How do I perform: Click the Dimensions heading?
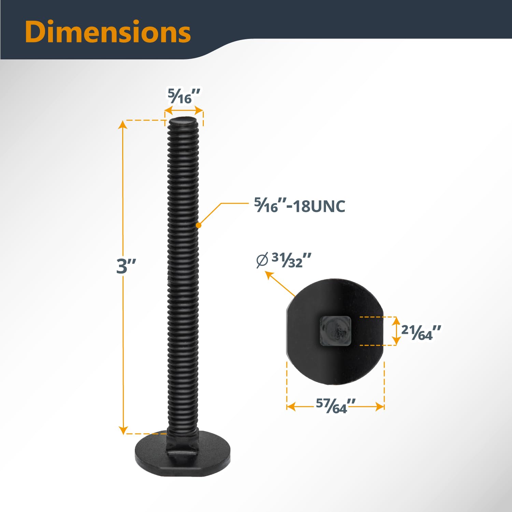(x=108, y=32)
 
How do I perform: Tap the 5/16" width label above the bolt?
(x=184, y=96)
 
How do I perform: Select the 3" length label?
(x=126, y=266)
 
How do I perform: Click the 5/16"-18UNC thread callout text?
(x=300, y=206)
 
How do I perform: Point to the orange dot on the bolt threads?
(x=199, y=225)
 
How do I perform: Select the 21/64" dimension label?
(x=421, y=332)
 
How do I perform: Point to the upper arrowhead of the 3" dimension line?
(x=123, y=124)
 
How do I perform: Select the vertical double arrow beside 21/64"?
(x=396, y=331)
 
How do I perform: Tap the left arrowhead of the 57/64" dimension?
(x=290, y=407)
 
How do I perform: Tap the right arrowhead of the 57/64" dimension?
(x=381, y=407)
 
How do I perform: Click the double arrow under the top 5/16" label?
(x=184, y=111)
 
